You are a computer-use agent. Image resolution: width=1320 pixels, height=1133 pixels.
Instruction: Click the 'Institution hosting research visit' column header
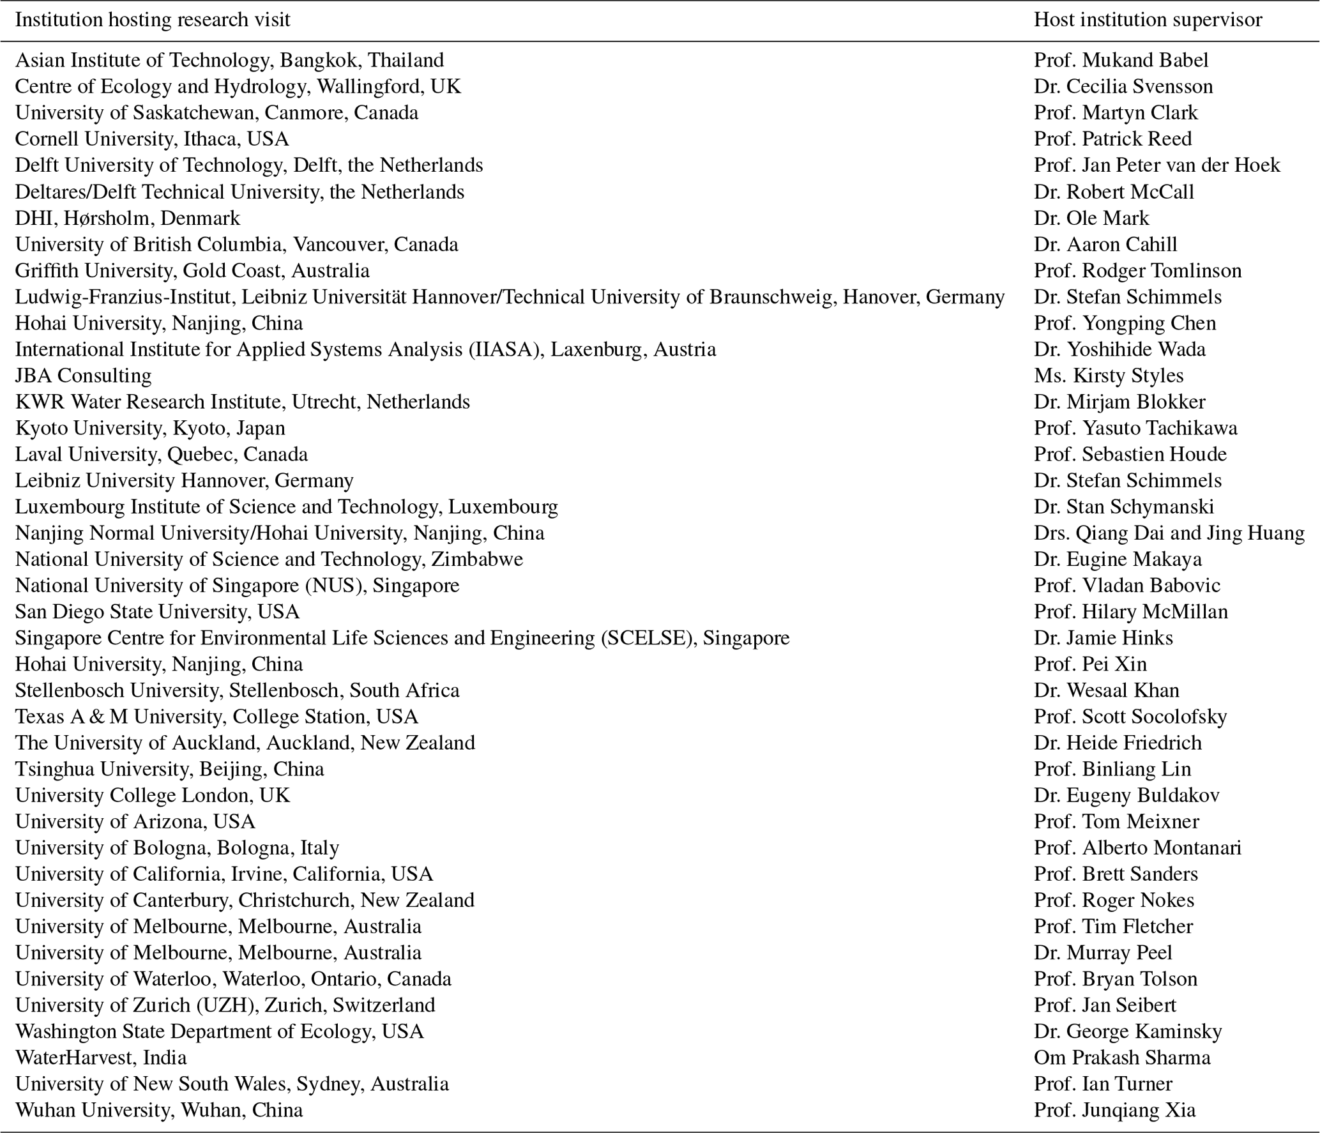click(x=153, y=20)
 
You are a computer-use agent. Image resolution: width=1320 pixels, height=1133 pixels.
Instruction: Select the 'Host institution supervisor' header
click(x=1148, y=20)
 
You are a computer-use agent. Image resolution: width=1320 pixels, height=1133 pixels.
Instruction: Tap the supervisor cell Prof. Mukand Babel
click(x=1121, y=60)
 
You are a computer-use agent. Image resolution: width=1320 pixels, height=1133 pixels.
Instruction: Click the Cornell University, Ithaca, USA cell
click(x=152, y=139)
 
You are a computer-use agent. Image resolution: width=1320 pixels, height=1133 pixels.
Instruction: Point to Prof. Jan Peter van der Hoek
click(x=1157, y=165)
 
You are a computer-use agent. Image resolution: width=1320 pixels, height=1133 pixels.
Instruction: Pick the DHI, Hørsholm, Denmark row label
click(x=128, y=218)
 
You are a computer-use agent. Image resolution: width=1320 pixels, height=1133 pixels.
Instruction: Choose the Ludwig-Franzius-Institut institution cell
click(x=510, y=296)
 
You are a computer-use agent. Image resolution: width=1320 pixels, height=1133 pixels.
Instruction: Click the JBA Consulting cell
click(x=83, y=375)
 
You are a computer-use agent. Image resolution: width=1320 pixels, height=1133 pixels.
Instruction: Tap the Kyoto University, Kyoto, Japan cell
click(x=150, y=427)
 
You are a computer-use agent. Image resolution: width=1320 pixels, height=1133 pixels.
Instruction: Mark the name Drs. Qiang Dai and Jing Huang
click(x=1169, y=533)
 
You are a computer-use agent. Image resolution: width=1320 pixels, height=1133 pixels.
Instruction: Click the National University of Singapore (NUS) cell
click(x=237, y=585)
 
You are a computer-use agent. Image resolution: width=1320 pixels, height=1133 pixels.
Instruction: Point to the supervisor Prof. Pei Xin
click(x=1090, y=664)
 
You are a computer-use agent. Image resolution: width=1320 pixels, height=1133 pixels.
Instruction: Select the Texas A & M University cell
click(x=216, y=716)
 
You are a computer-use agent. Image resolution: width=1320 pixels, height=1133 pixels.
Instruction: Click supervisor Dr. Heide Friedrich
click(x=1118, y=742)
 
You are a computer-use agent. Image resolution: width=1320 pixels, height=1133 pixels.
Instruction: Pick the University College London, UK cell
click(x=153, y=795)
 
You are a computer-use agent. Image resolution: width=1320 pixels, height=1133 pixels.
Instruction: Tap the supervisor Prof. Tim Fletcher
click(x=1113, y=926)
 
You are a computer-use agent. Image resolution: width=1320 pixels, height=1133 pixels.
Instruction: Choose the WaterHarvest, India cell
click(x=101, y=1057)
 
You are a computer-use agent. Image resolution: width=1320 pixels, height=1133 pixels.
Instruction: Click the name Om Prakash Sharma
click(x=1122, y=1057)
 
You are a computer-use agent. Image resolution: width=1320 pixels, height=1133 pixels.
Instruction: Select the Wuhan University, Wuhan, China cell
click(x=159, y=1109)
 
